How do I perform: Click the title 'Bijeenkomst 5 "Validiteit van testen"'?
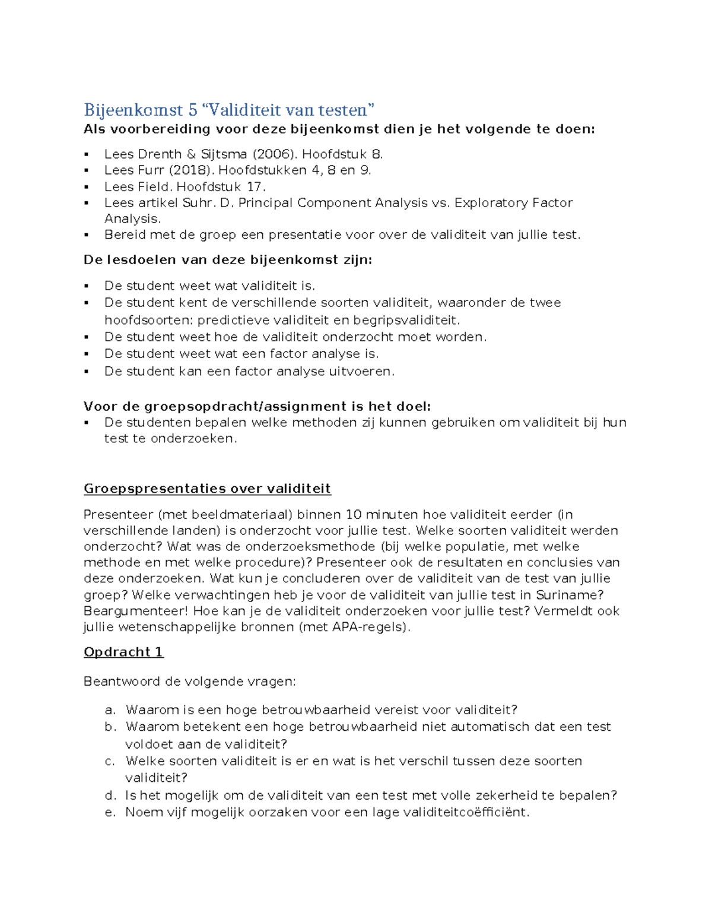pos(229,110)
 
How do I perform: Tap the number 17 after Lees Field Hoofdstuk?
pos(254,186)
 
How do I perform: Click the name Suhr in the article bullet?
pos(199,203)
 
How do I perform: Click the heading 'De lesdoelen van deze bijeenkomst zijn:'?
pos(228,260)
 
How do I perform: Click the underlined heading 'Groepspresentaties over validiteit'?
pos(207,489)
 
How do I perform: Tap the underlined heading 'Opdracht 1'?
pos(123,652)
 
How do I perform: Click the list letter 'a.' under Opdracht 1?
pos(109,710)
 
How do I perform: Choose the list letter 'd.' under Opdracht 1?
pos(110,796)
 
